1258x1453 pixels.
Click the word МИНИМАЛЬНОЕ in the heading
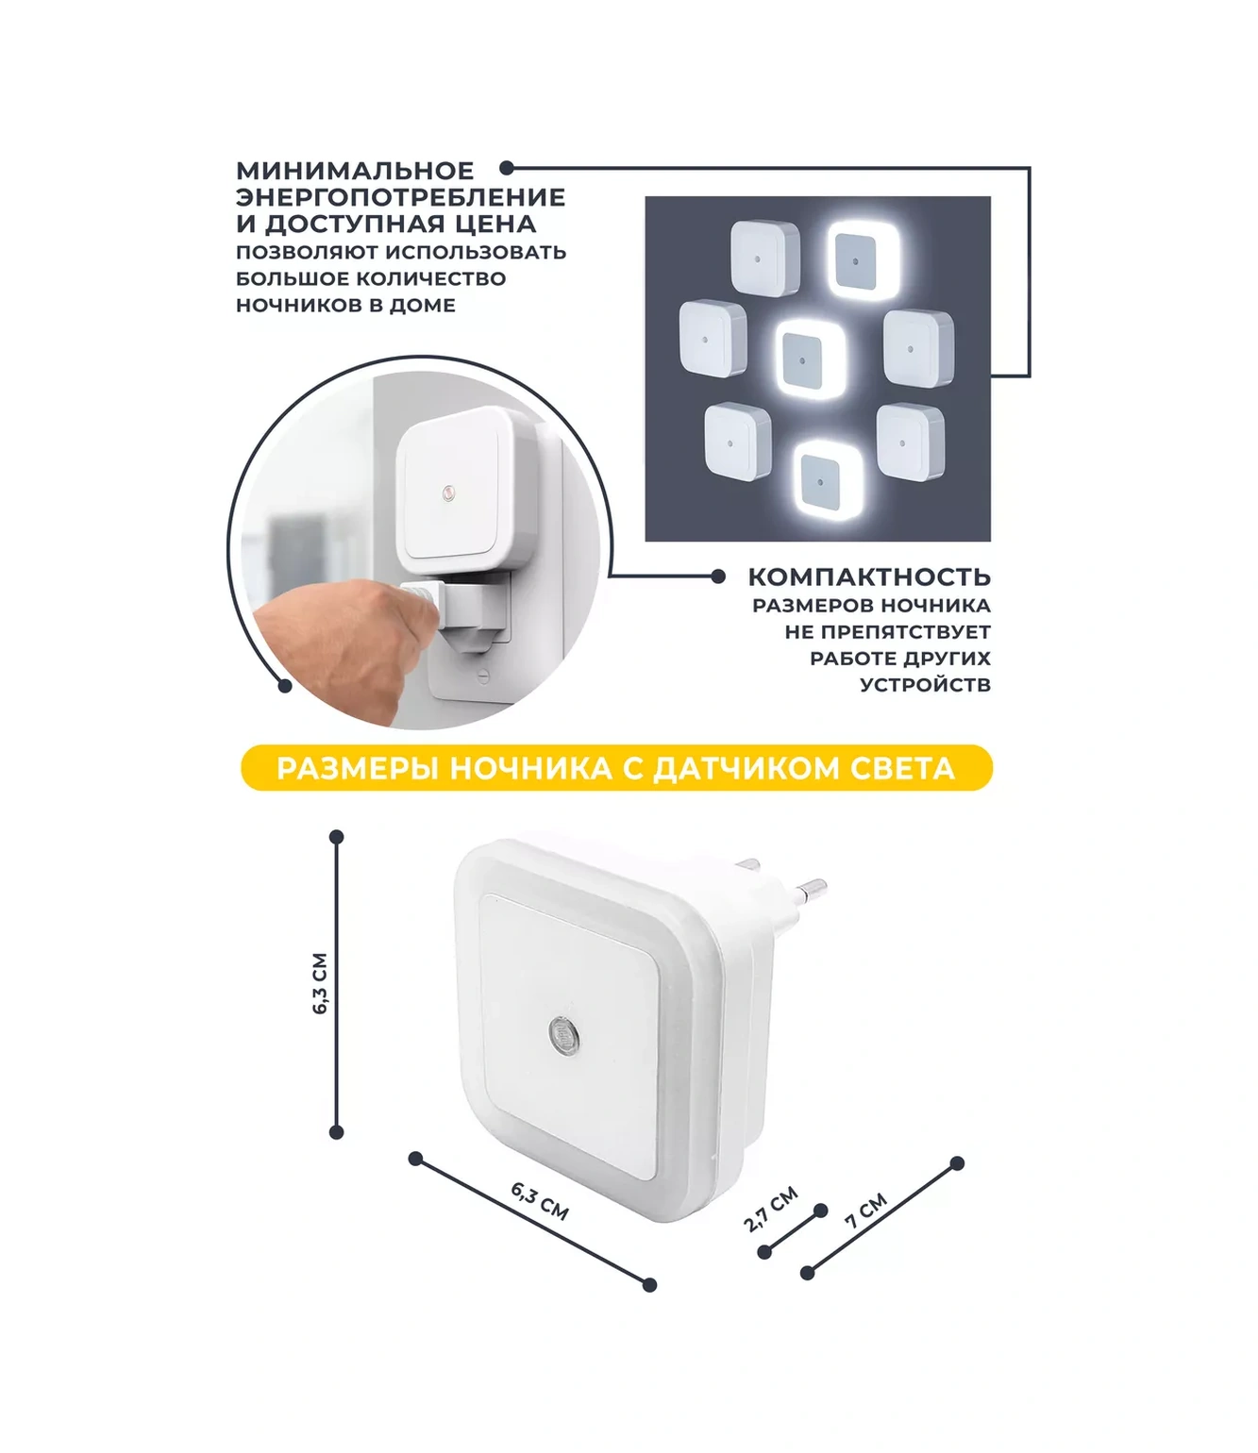pyautogui.click(x=355, y=171)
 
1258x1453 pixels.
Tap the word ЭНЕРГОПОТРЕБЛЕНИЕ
pyautogui.click(x=401, y=197)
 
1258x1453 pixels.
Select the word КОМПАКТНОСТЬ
pyautogui.click(x=869, y=577)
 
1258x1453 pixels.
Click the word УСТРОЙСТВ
pyautogui.click(x=926, y=685)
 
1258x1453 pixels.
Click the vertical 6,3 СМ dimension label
pyautogui.click(x=320, y=983)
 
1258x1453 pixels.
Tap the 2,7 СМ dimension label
pyautogui.click(x=771, y=1209)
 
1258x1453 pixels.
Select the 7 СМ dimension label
pyautogui.click(x=865, y=1210)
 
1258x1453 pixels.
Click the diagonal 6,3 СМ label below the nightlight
pyautogui.click(x=539, y=1201)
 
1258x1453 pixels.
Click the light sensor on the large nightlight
pyautogui.click(x=563, y=1032)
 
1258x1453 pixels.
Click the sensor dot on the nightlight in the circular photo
pyautogui.click(x=447, y=493)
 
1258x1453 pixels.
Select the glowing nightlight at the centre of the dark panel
pyautogui.click(x=811, y=359)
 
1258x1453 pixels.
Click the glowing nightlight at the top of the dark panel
pyautogui.click(x=863, y=259)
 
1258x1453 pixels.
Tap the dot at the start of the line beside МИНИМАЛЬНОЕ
pyautogui.click(x=506, y=168)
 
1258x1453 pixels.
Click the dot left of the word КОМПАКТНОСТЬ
pyautogui.click(x=718, y=576)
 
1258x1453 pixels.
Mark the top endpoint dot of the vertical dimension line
pyautogui.click(x=336, y=837)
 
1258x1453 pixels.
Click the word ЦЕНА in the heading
pyautogui.click(x=504, y=225)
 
